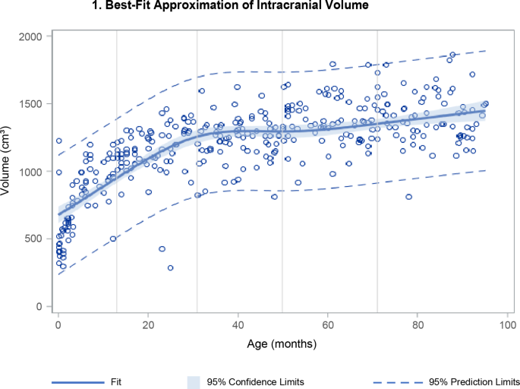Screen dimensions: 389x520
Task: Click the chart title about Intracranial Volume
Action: [260, 7]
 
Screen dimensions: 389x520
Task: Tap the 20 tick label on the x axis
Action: [148, 325]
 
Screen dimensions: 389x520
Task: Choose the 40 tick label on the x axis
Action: [238, 325]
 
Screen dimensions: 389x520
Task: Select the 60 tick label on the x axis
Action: [327, 325]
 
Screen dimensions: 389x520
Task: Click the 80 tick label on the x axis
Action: [417, 325]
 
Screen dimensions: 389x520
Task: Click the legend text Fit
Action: [115, 381]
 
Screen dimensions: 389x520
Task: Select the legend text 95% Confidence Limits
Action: [253, 381]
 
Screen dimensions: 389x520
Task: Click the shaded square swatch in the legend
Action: [194, 381]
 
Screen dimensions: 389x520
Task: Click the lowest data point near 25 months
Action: [170, 267]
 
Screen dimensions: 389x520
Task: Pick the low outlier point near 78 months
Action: [408, 197]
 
